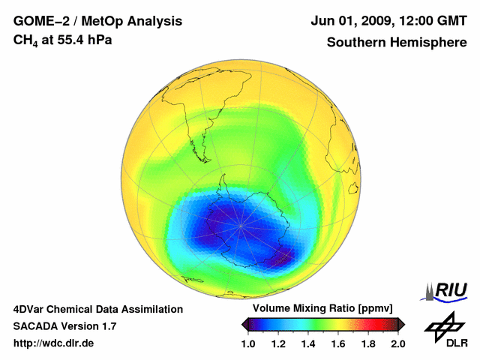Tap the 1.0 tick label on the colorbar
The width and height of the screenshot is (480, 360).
pos(249,343)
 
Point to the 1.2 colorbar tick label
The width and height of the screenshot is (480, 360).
pos(279,343)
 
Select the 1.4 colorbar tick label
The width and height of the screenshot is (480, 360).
pos(309,343)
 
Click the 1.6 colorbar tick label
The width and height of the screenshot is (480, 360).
pos(338,343)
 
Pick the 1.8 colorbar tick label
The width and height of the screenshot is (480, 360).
pos(368,343)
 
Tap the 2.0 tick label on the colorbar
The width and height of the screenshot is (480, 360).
pos(397,343)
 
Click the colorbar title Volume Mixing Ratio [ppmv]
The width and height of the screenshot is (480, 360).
pos(323,309)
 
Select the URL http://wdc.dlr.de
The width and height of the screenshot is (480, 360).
pos(54,343)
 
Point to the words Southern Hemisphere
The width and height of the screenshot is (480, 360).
pos(397,42)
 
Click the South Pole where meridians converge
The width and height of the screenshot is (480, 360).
pos(241,223)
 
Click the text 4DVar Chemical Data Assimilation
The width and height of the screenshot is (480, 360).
pos(97,309)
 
